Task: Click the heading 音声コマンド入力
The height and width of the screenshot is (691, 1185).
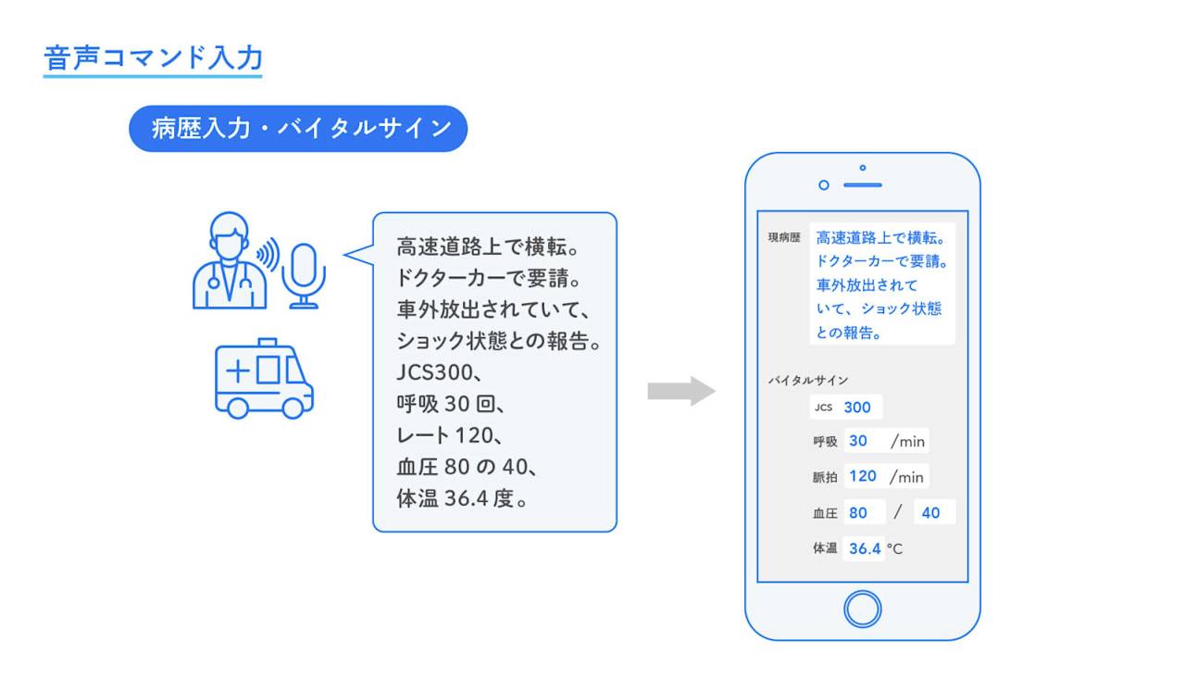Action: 153,57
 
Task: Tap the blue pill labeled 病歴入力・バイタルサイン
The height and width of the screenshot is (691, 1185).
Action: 298,128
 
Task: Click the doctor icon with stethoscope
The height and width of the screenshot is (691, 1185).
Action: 228,261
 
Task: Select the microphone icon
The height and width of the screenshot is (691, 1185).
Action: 304,274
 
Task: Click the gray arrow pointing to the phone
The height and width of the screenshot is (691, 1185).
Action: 680,391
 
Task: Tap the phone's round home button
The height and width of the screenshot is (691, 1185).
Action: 862,609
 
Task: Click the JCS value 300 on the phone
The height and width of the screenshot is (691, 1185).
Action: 858,407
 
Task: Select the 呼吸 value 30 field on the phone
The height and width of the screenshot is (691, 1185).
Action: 858,441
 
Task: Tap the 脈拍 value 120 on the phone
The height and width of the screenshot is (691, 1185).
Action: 863,476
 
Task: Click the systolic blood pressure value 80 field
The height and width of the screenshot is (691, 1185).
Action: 859,512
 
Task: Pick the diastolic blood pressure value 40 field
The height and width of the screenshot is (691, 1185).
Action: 931,512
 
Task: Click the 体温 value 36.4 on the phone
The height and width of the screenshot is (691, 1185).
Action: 865,548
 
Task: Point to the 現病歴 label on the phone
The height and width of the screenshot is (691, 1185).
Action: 783,237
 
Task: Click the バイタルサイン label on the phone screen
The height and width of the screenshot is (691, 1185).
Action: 807,380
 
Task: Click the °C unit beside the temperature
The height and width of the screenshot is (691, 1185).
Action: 894,549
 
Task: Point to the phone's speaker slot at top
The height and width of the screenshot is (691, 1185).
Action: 863,185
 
